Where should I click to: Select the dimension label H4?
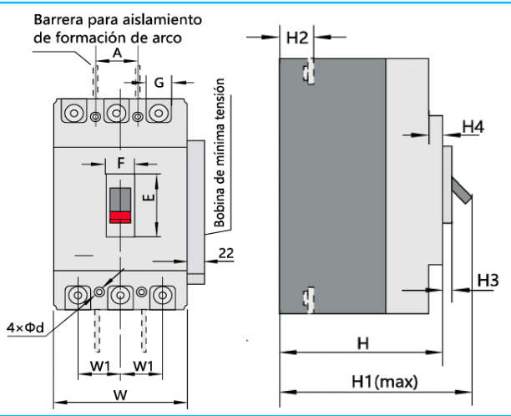(473, 126)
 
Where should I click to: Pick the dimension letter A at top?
(117, 52)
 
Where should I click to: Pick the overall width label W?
(121, 393)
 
